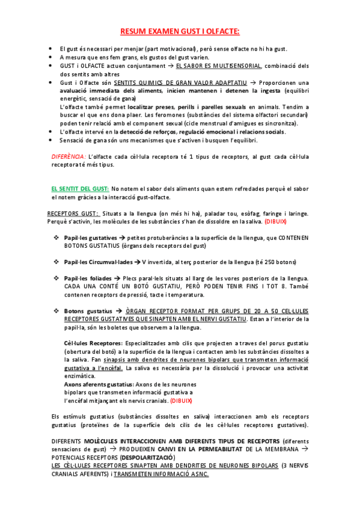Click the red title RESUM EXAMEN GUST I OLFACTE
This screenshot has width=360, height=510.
coord(180,31)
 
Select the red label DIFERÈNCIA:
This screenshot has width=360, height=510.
coord(69,156)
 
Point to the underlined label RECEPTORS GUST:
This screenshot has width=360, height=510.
coord(73,214)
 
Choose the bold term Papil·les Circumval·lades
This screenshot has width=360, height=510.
coord(99,262)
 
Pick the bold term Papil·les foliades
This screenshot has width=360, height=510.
coord(88,278)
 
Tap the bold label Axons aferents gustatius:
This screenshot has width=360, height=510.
coord(99,384)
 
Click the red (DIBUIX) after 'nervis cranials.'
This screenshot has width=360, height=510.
coord(181,400)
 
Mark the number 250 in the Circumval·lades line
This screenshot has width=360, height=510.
coord(272,262)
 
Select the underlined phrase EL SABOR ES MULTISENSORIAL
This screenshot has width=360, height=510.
coord(219,66)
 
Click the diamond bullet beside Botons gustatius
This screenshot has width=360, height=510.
coord(55,311)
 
